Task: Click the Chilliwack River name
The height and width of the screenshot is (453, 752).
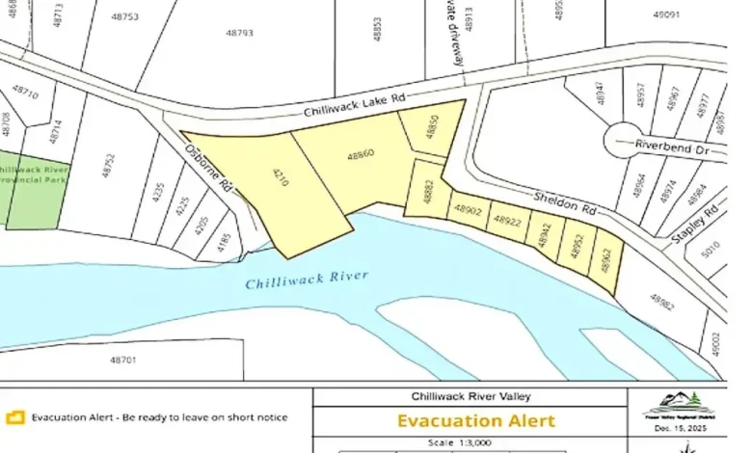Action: [307, 280]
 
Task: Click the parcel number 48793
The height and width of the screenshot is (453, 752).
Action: [239, 33]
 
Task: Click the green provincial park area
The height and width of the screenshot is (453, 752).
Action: [33, 188]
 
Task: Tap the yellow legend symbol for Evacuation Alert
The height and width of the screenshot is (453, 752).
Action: [13, 418]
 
